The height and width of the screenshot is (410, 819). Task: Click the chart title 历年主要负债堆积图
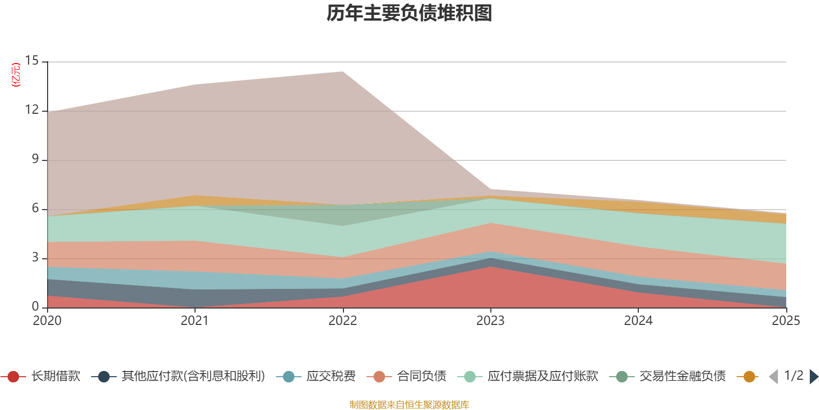pyautogui.click(x=409, y=13)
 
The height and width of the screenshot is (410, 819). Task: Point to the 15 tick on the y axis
pyautogui.click(x=32, y=60)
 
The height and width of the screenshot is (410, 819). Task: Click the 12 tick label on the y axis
pyautogui.click(x=32, y=110)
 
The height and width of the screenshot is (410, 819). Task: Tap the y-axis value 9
pyautogui.click(x=35, y=159)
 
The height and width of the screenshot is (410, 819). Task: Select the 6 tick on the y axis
pyautogui.click(x=35, y=208)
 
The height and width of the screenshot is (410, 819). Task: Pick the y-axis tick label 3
pyautogui.click(x=35, y=257)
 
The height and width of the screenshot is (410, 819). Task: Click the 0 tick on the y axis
pyautogui.click(x=35, y=306)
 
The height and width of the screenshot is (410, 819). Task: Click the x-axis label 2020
pyautogui.click(x=47, y=321)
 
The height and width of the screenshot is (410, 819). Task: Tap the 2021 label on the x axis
pyautogui.click(x=195, y=321)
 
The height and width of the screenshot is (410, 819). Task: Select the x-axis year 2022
pyautogui.click(x=342, y=321)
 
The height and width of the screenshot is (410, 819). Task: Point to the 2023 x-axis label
pyautogui.click(x=490, y=321)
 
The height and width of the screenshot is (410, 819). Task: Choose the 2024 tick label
pyautogui.click(x=638, y=321)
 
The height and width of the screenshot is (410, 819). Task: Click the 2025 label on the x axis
pyautogui.click(x=786, y=321)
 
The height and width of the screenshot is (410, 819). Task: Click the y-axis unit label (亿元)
pyautogui.click(x=16, y=75)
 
